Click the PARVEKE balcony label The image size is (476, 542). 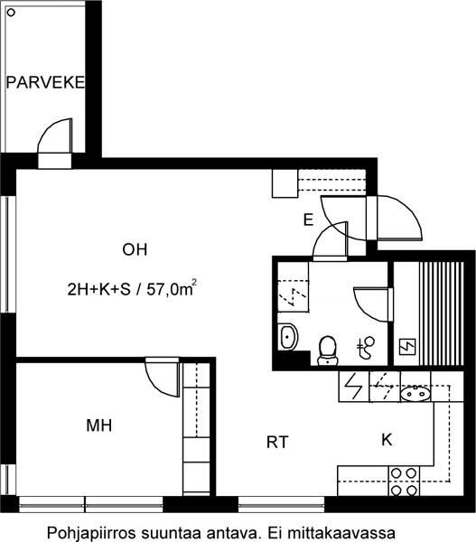[45, 82]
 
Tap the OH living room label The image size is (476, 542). [135, 249]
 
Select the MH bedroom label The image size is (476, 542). [99, 425]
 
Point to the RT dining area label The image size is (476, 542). [277, 442]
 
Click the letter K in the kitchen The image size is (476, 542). [387, 440]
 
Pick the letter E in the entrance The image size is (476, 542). [308, 220]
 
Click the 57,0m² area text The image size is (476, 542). [172, 289]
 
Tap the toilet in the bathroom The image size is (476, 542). [327, 350]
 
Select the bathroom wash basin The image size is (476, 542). [289, 337]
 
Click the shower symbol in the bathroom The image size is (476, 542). [366, 348]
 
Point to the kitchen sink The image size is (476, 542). [415, 393]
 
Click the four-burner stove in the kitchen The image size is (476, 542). [404, 481]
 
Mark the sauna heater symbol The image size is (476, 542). [407, 347]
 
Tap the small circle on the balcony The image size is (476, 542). [12, 13]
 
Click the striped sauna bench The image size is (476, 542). [441, 313]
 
